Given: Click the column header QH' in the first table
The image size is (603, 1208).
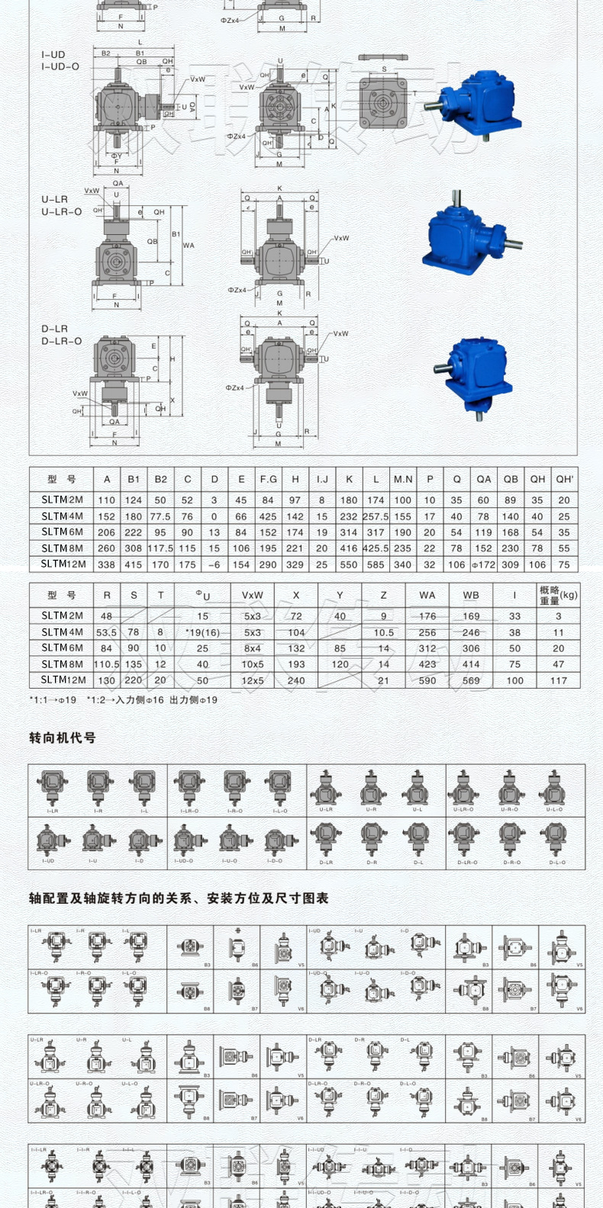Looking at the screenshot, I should pyautogui.click(x=564, y=479).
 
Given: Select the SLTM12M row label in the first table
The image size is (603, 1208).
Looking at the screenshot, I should pyautogui.click(x=63, y=564).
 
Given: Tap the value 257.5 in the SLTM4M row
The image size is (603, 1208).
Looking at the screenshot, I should pyautogui.click(x=376, y=516).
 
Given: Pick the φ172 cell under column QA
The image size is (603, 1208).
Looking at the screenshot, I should pyautogui.click(x=483, y=564).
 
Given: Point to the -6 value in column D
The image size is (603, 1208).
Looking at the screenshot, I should pyautogui.click(x=214, y=564).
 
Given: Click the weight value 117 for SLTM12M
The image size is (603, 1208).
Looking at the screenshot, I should pyautogui.click(x=559, y=680).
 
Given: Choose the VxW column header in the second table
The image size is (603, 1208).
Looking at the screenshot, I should pyautogui.click(x=252, y=595).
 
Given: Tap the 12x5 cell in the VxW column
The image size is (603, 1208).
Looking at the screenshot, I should pyautogui.click(x=252, y=680).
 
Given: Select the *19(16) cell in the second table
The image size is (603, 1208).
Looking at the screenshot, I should pyautogui.click(x=202, y=632).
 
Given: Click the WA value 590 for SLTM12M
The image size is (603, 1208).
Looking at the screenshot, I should pyautogui.click(x=427, y=680).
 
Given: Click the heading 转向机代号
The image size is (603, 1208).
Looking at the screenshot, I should pyautogui.click(x=63, y=737).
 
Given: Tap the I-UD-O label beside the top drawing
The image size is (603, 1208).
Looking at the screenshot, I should pyautogui.click(x=60, y=67).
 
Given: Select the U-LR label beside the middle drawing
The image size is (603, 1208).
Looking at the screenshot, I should pyautogui.click(x=55, y=199).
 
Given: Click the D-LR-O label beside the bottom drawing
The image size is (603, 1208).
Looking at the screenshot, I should pyautogui.click(x=61, y=341).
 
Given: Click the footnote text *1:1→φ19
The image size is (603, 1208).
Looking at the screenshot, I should pyautogui.click(x=53, y=699).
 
